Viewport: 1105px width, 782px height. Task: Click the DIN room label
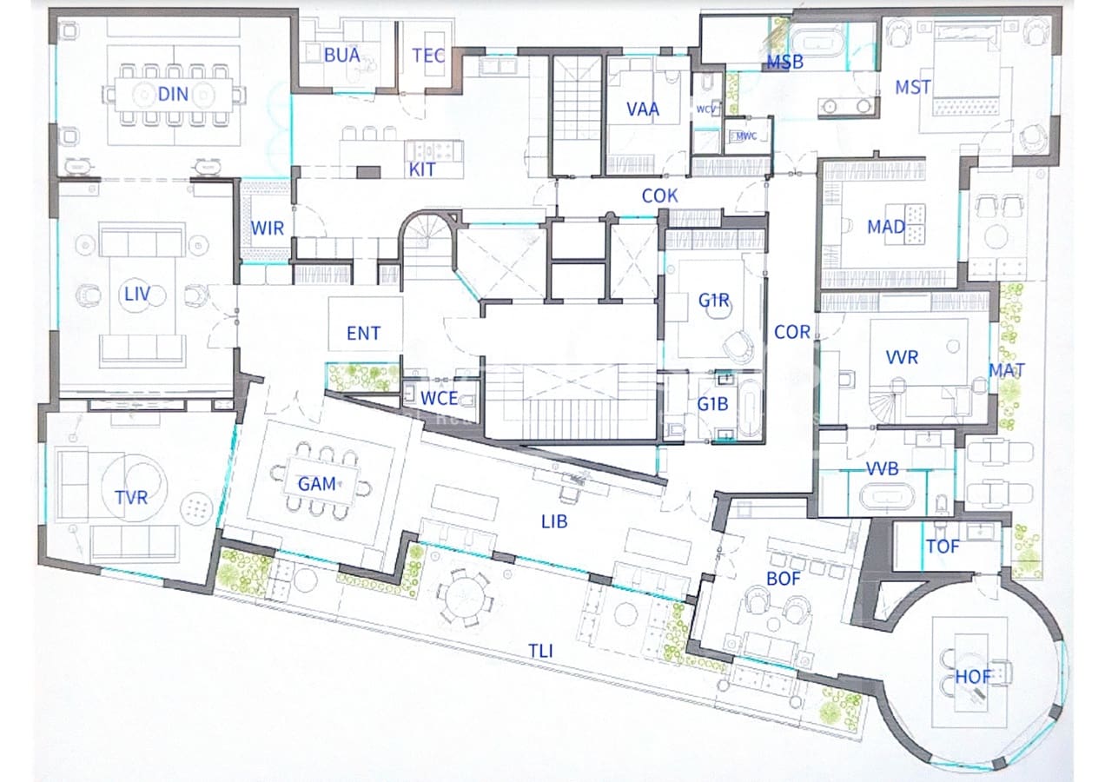tap(174, 94)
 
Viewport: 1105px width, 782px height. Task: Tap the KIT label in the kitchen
tap(422, 170)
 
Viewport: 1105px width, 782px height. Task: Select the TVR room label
tap(131, 498)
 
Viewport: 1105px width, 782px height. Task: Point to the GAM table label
tap(317, 484)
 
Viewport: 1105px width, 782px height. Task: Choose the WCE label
tap(440, 398)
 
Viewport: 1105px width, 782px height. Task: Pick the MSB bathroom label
tap(785, 63)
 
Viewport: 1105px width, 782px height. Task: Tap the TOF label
tap(943, 547)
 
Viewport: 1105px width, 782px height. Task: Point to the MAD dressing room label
tap(886, 228)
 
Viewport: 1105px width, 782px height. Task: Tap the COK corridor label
tap(660, 196)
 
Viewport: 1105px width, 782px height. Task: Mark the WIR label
tap(268, 228)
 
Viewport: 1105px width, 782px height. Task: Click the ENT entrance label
tap(363, 333)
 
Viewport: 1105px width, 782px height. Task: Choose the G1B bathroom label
tap(712, 403)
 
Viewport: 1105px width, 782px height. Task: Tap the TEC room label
tap(428, 56)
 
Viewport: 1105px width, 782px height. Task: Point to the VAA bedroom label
tap(643, 109)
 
